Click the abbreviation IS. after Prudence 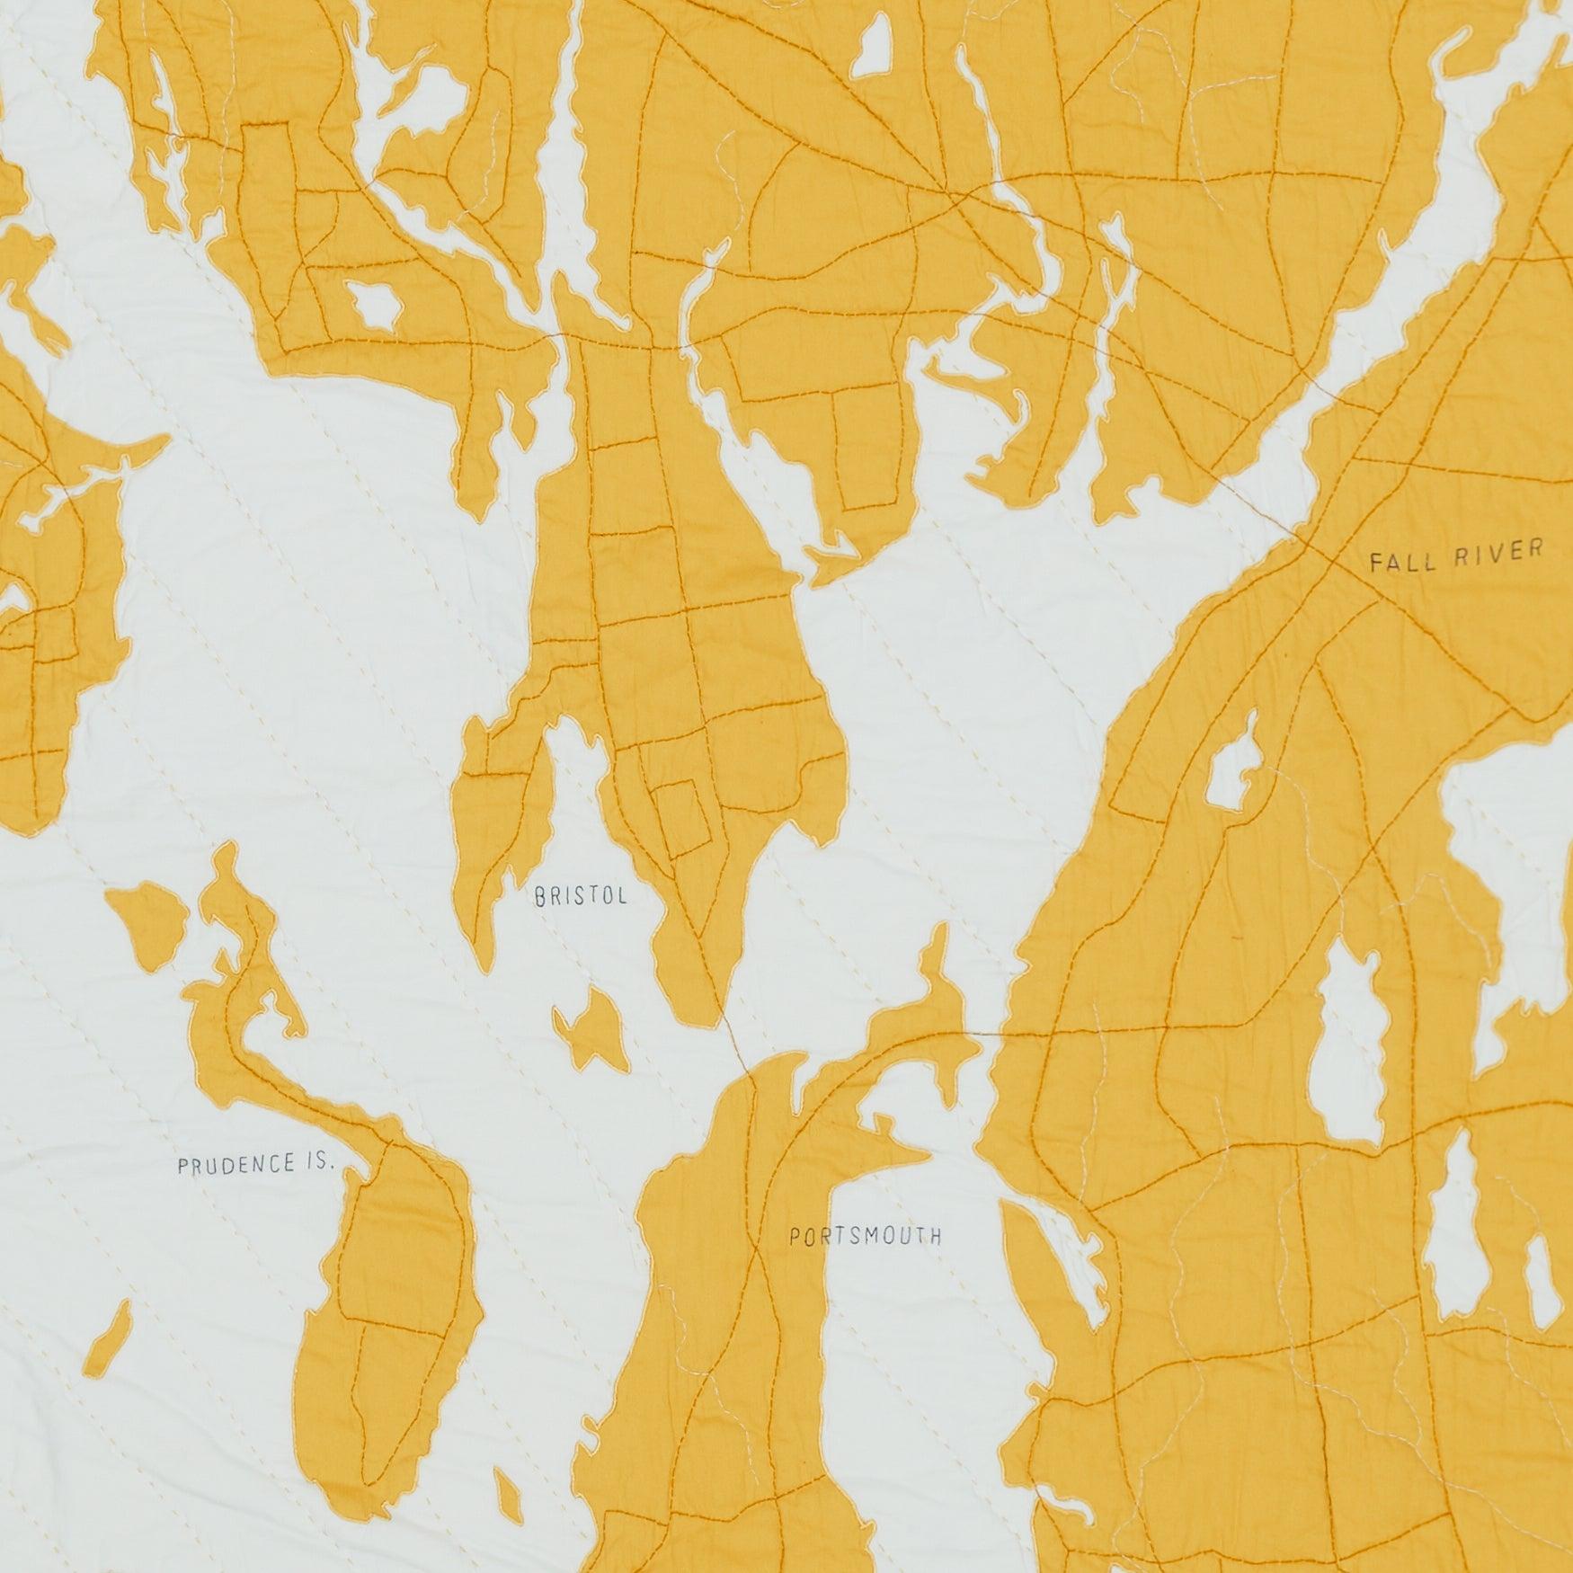(x=315, y=1165)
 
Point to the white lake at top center (x=870, y=45)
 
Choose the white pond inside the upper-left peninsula (x=373, y=306)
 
